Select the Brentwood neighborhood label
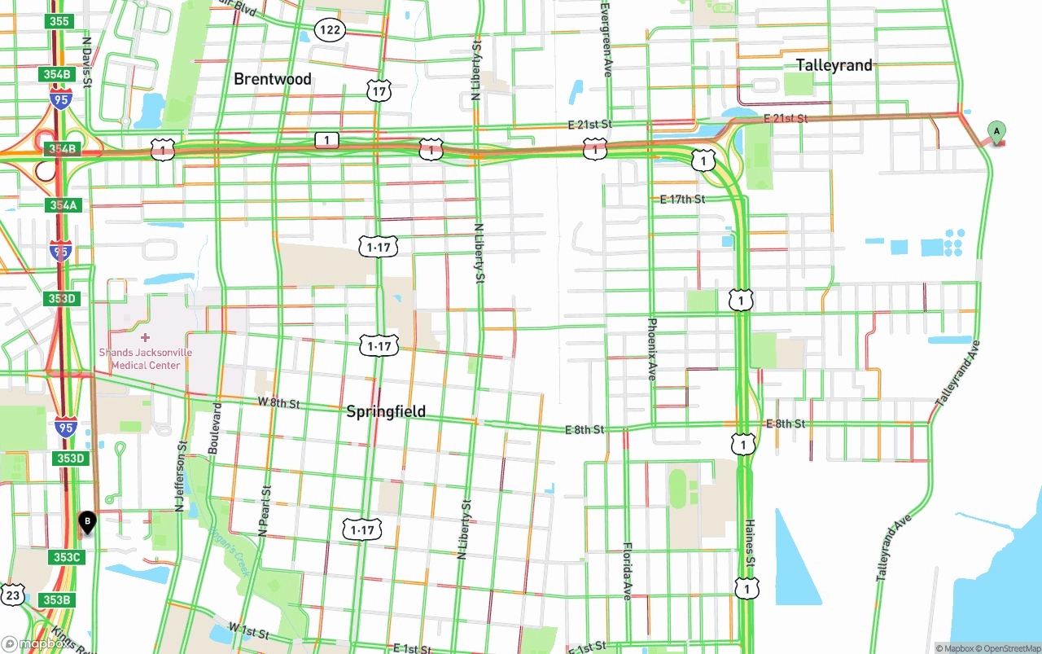(x=273, y=79)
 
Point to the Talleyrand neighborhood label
(x=834, y=65)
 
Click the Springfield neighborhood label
(x=386, y=411)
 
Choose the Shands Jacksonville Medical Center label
(x=146, y=358)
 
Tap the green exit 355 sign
(x=59, y=21)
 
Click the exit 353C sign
(x=68, y=557)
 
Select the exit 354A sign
(x=63, y=205)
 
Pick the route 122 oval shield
(x=331, y=30)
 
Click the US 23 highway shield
(x=12, y=595)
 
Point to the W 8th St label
(x=278, y=403)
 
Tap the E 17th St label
(x=682, y=199)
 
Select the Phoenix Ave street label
(x=651, y=349)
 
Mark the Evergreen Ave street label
(x=606, y=38)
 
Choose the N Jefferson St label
(x=181, y=476)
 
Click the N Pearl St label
(x=263, y=511)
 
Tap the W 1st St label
(x=249, y=630)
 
